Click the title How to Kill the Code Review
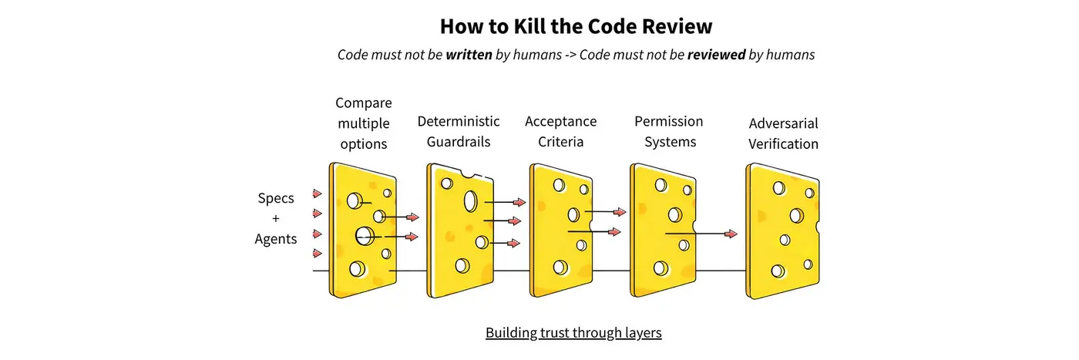coord(576,25)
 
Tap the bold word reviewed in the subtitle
coord(716,55)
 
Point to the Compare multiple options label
coord(363,123)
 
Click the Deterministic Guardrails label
coord(458,132)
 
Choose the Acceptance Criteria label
coord(560,132)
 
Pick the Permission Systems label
coord(668,132)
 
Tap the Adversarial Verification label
coord(783,133)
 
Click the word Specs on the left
coord(276,198)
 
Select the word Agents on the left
coord(276,239)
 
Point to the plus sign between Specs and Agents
coord(276,219)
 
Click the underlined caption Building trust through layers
coord(573,333)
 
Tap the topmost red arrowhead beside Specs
coord(318,193)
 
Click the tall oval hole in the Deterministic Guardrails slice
coord(470,201)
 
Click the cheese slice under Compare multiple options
coord(362,231)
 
